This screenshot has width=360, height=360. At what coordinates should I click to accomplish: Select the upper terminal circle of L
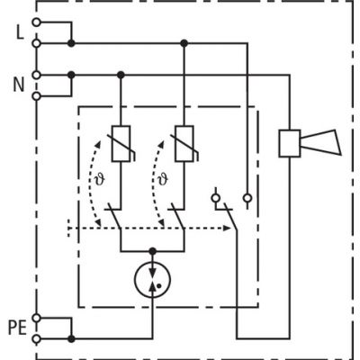[35, 20]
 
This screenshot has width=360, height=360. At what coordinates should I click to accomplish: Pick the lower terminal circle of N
[35, 94]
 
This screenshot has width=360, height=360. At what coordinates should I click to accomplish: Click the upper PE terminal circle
[35, 318]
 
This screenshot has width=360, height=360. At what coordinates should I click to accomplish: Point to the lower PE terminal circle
[35, 339]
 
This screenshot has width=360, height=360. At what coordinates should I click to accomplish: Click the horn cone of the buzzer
[322, 143]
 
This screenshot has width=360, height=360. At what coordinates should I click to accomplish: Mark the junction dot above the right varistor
[184, 42]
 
